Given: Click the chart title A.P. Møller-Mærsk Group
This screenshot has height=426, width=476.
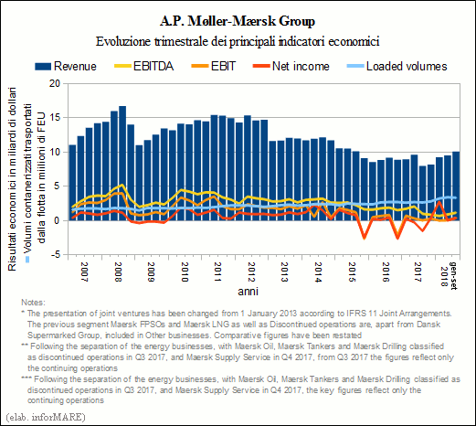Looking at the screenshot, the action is click(238, 21).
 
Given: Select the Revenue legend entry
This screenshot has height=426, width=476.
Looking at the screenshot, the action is click(66, 67).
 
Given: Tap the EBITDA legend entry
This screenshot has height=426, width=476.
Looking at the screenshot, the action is click(143, 66).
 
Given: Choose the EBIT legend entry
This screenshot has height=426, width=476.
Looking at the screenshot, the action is click(214, 66).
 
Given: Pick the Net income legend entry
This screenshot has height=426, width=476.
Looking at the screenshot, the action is click(291, 66).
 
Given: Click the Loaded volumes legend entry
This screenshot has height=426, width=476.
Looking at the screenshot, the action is click(397, 66).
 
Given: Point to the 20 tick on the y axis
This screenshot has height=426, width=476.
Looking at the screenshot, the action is click(55, 83).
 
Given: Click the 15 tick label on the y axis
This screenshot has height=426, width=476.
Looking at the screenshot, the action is click(55, 118).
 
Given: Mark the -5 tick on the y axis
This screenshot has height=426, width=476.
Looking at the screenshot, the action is click(56, 255).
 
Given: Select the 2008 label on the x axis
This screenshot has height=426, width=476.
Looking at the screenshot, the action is click(118, 272).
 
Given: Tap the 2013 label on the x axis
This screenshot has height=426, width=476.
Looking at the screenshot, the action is click(284, 272).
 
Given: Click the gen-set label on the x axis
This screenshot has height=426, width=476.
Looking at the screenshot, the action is click(454, 275).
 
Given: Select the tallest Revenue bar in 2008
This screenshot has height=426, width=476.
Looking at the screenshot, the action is click(122, 164).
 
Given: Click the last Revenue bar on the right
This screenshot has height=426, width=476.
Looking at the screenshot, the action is click(456, 186).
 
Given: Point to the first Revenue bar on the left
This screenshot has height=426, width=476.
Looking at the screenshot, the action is click(72, 183).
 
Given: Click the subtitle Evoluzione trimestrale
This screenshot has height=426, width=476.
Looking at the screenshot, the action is click(238, 41).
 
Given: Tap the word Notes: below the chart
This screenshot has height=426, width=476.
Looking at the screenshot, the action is click(33, 303).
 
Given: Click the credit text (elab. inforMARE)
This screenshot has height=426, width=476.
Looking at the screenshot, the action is click(46, 417).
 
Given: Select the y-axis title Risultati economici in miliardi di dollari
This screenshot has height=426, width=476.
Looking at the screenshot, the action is click(12, 179).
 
